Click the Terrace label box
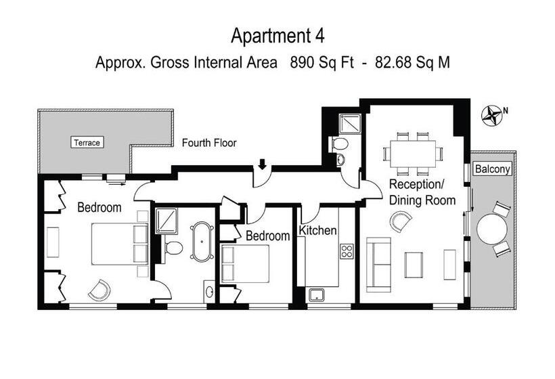(x=87, y=142)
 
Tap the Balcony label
(x=492, y=169)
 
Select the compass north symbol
(x=492, y=115)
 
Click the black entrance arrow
(x=262, y=164)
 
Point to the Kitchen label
(x=317, y=230)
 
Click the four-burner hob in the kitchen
(x=347, y=251)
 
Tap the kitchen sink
(x=317, y=295)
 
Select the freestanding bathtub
(x=202, y=242)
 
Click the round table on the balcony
(x=491, y=229)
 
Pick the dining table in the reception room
(x=413, y=154)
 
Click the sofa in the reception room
(x=379, y=265)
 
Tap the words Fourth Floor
(x=209, y=143)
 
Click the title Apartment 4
(x=277, y=36)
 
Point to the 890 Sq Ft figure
(x=321, y=63)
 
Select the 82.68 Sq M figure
(x=413, y=63)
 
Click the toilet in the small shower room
(x=340, y=144)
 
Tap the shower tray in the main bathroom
(x=166, y=221)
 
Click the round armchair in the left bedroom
(x=99, y=290)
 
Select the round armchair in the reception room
(x=401, y=221)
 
